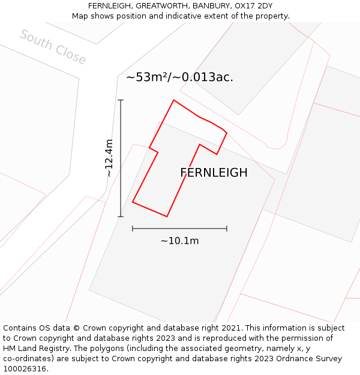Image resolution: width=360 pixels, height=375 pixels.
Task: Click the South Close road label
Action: pos(53,47)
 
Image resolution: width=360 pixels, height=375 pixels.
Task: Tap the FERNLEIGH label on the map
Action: pos(214,173)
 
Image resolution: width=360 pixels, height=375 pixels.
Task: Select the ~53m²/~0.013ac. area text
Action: pos(179,77)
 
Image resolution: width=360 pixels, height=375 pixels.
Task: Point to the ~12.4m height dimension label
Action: pos(109,158)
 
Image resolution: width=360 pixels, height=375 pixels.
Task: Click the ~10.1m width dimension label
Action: pos(179,241)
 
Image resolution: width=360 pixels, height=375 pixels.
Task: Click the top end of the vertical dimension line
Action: pos(121,100)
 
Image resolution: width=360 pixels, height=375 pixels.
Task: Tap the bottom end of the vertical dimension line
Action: pos(121,217)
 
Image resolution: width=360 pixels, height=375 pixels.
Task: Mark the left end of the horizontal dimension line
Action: pos(133,229)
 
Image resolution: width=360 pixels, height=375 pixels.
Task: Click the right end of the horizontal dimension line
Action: pos(227,229)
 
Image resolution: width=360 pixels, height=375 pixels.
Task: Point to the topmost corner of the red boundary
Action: pos(174,100)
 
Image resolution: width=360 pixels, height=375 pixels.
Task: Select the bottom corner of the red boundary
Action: pos(167,216)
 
